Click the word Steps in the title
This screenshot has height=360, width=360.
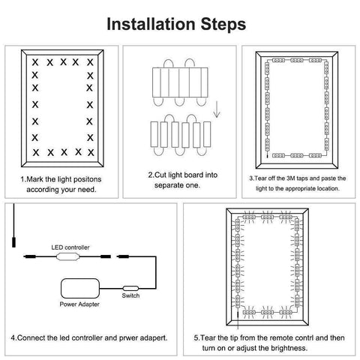click(220, 23)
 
